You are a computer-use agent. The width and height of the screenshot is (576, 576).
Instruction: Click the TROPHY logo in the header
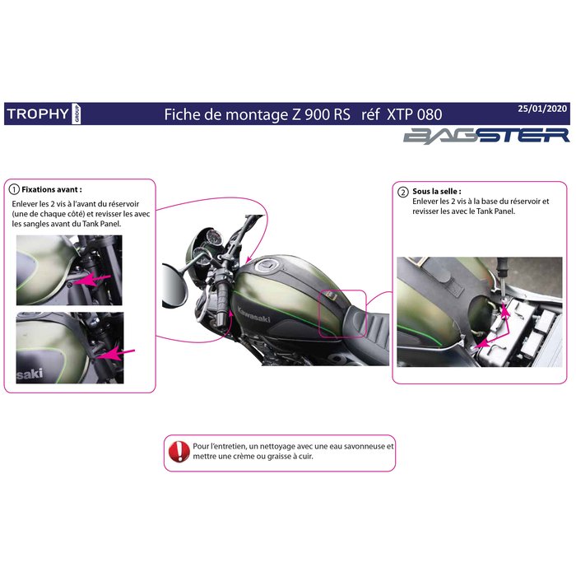pos(37,114)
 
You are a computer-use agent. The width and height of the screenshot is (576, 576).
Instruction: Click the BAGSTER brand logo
pos(485,135)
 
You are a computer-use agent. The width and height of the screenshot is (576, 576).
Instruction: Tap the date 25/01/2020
pos(543,108)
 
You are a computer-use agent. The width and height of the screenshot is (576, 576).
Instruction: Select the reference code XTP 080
pos(414,114)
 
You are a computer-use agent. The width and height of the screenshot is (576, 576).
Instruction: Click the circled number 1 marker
pos(13,188)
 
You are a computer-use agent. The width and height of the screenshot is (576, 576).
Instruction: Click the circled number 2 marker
pos(402,191)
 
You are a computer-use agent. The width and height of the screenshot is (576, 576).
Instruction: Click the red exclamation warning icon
pos(178,451)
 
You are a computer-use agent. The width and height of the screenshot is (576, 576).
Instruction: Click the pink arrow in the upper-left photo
pos(96,281)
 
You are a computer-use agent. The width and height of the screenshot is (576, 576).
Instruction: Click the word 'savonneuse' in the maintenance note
pos(358,446)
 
